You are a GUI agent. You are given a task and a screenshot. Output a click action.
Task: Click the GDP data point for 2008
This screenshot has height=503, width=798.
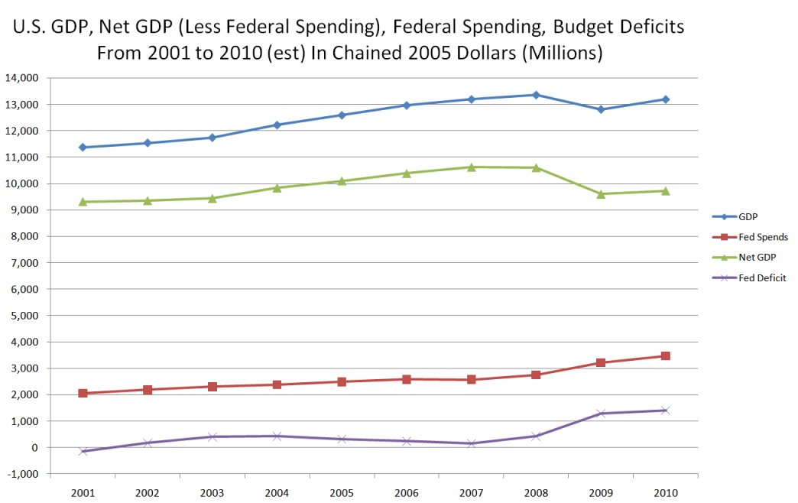[x=536, y=95]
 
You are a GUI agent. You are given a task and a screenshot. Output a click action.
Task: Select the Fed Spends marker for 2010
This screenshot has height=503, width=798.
[x=666, y=356]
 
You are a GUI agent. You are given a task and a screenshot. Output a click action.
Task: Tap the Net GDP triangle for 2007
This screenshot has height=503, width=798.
[x=472, y=167]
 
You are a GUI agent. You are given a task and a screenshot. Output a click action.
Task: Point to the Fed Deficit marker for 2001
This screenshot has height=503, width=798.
[x=83, y=451]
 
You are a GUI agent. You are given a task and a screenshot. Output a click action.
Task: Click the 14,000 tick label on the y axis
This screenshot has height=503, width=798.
[x=22, y=78]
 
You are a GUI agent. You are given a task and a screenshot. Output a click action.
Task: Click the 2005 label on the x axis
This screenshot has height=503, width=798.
[x=342, y=493]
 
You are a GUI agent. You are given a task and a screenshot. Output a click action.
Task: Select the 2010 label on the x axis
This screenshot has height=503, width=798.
[x=666, y=493]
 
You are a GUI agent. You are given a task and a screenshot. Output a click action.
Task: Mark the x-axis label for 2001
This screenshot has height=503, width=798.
[x=83, y=493]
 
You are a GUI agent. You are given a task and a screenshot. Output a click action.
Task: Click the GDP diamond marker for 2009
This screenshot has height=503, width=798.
[x=601, y=109]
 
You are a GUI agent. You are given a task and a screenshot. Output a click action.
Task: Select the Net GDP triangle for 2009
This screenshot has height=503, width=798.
[x=601, y=194]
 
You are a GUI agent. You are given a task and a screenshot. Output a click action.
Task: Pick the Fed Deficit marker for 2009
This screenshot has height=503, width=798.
[x=601, y=414]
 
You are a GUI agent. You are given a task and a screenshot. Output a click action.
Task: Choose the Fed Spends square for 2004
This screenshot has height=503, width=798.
[x=277, y=385]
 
